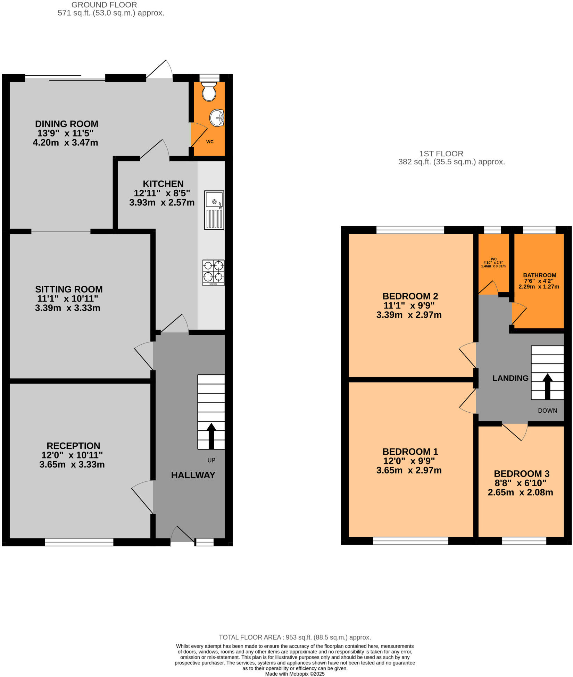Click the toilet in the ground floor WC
(209, 91)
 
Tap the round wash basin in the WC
(217, 118)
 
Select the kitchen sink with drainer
(214, 210)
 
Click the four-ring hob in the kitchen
(213, 273)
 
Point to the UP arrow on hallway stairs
(211, 436)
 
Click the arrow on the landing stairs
(547, 386)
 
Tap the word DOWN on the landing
(547, 411)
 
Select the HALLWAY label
(193, 475)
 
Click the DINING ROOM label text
(67, 124)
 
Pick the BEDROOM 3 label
(522, 474)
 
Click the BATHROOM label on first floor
(540, 275)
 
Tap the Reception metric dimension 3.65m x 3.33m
(72, 465)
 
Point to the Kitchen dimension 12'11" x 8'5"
(162, 193)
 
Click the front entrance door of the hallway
(182, 535)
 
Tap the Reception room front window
(79, 542)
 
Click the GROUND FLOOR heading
(104, 5)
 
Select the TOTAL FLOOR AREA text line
(294, 637)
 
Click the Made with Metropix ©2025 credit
(294, 674)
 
